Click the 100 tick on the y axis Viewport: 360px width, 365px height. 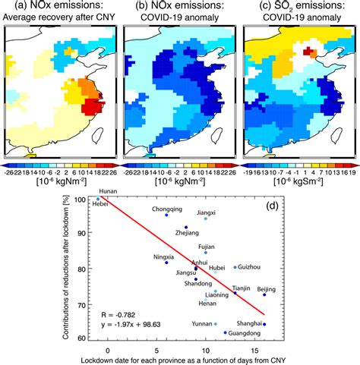[87, 199]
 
